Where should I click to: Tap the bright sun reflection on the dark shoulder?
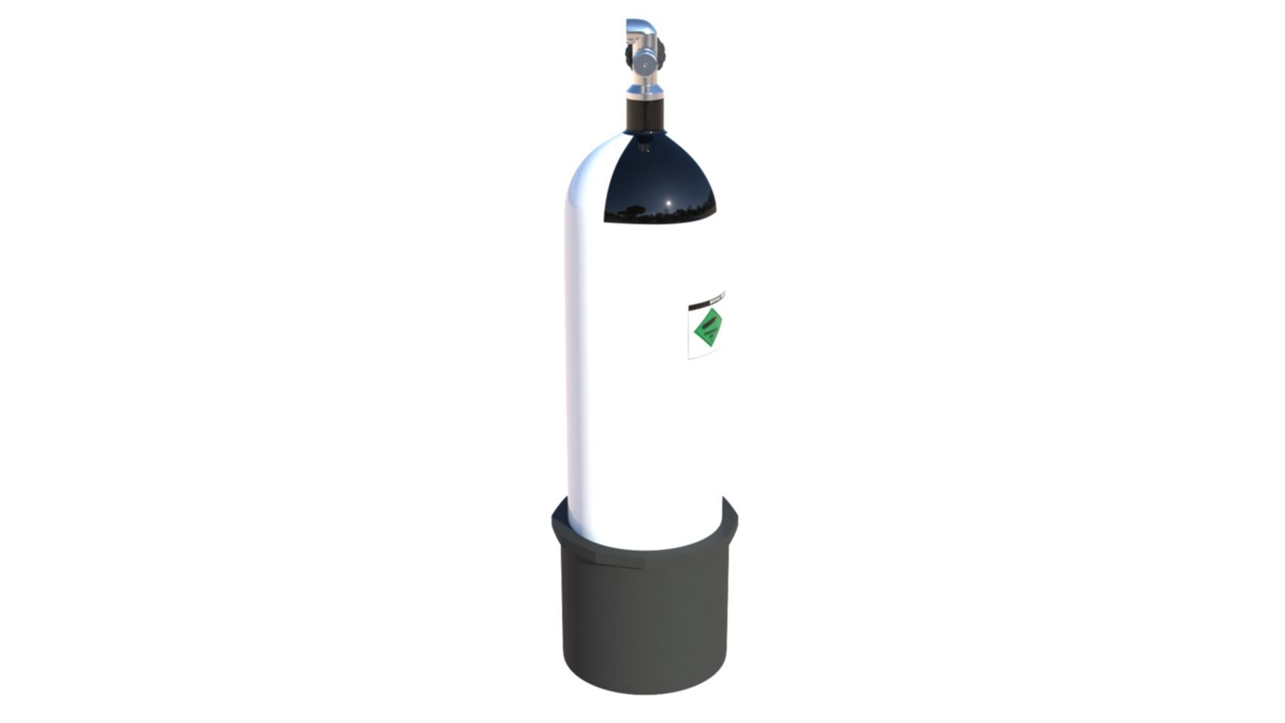coord(667,203)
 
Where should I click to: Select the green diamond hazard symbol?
coord(708,329)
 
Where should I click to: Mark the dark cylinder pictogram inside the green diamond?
coord(709,326)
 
